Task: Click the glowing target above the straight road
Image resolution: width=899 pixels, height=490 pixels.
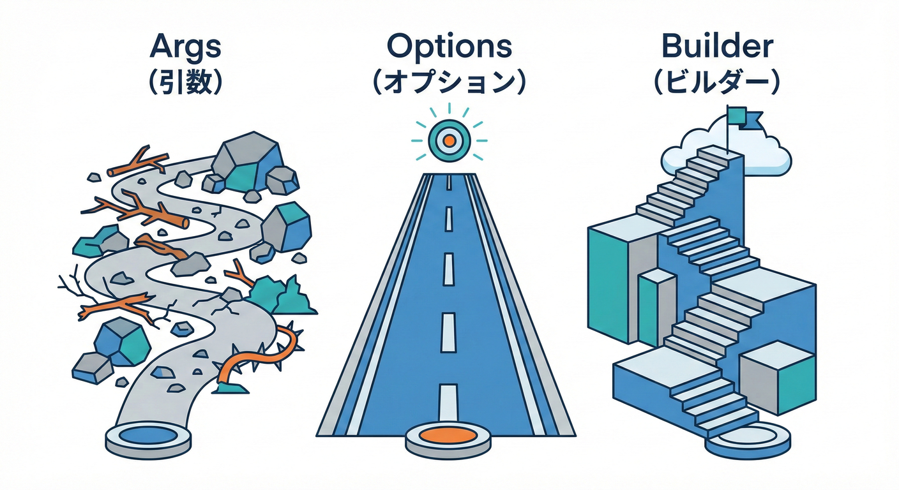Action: pyautogui.click(x=449, y=139)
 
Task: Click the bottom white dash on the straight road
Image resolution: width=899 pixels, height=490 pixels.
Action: pyautogui.click(x=449, y=397)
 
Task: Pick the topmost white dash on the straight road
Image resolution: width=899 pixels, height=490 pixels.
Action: pyautogui.click(x=449, y=183)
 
